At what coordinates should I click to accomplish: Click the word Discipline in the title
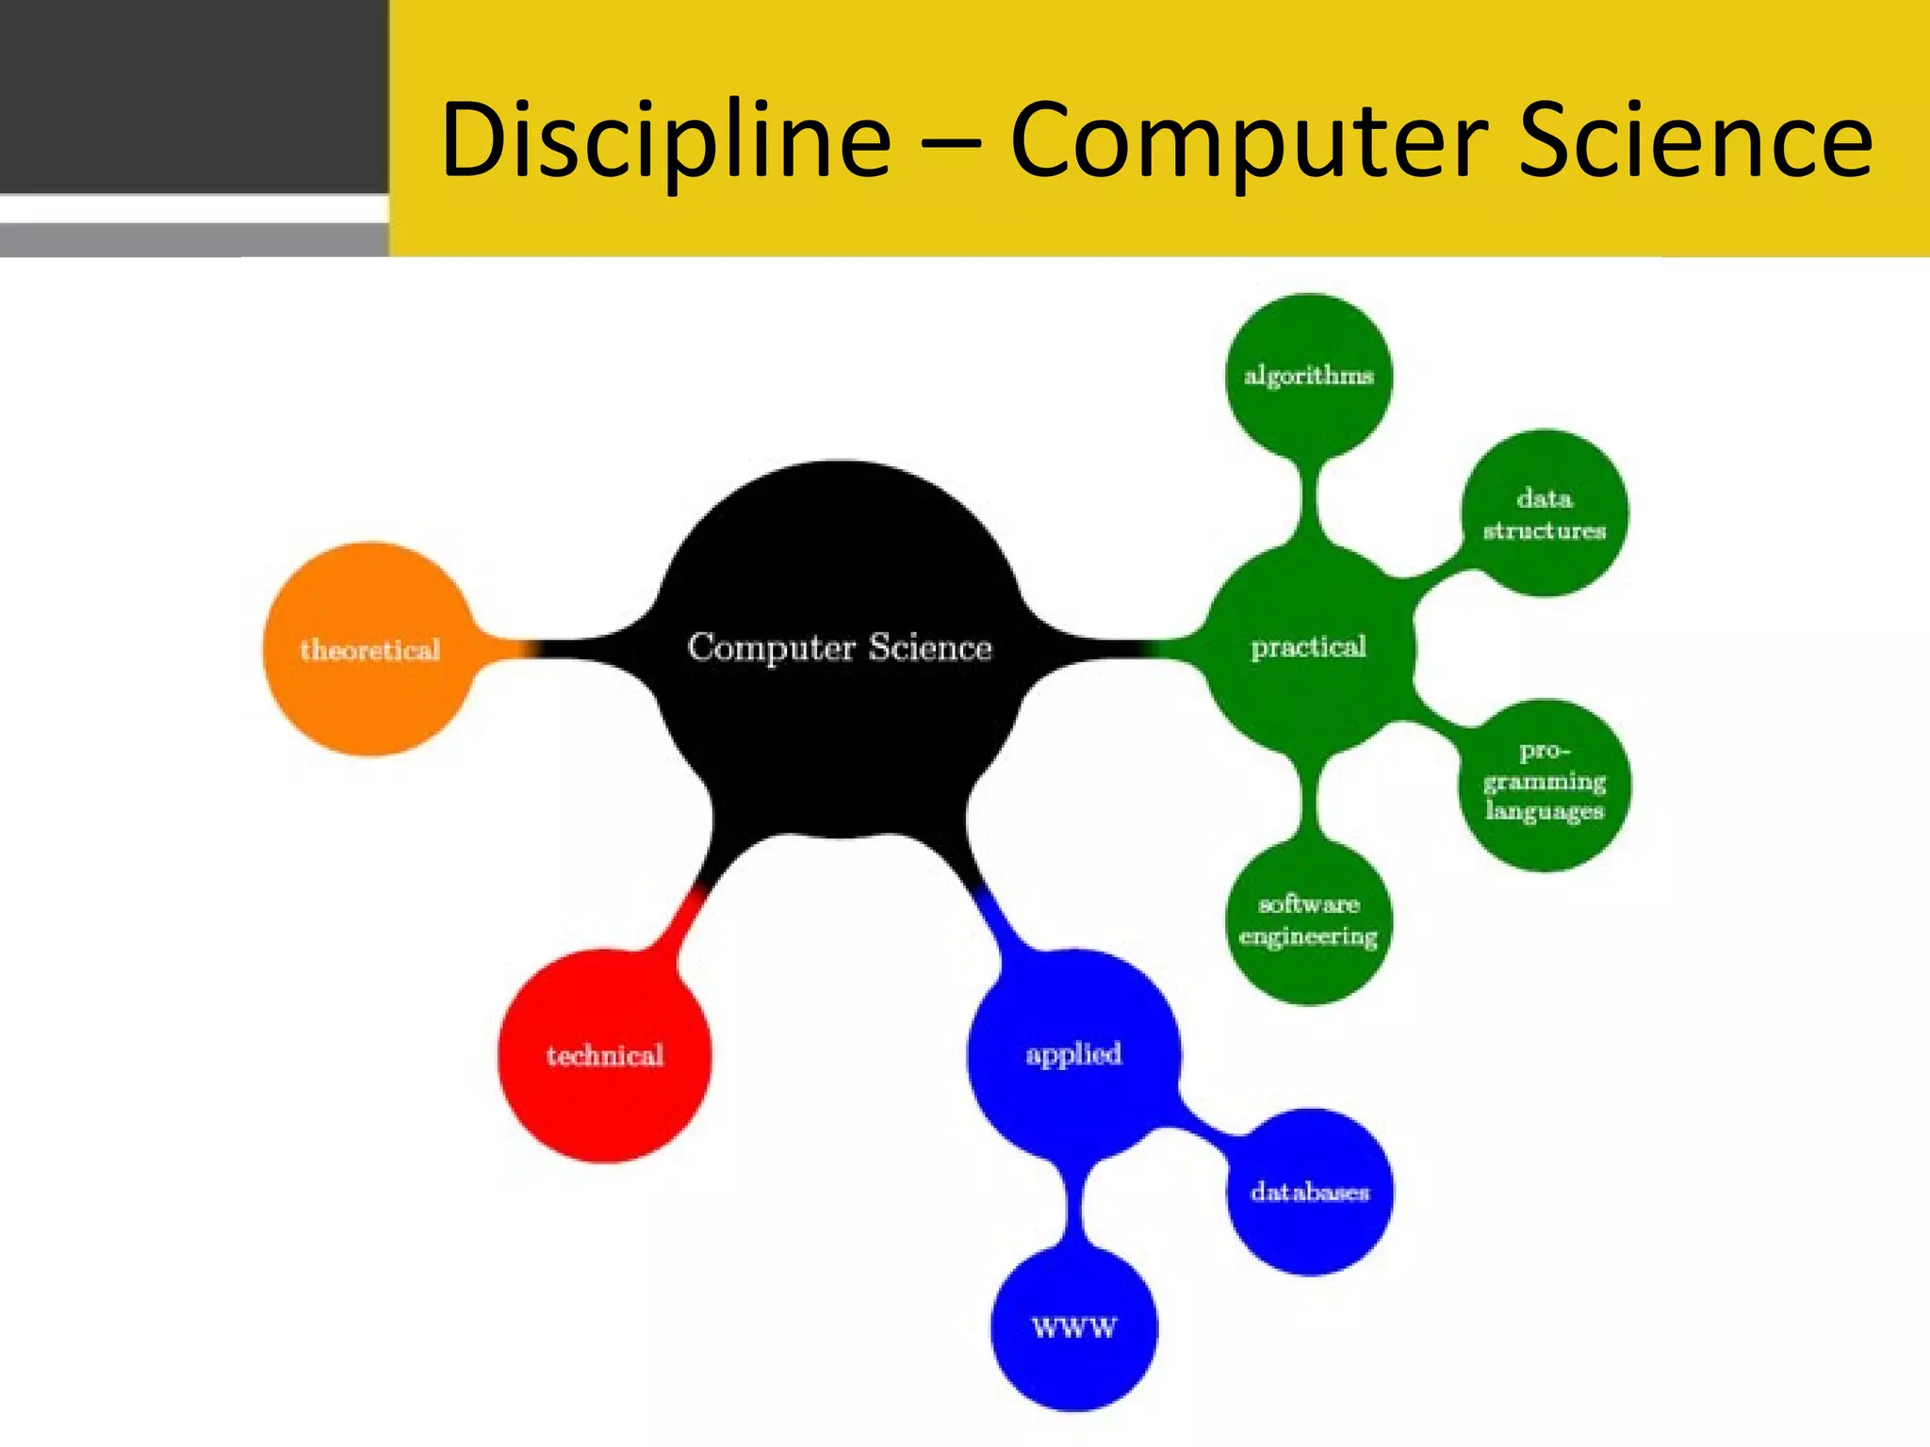(665, 141)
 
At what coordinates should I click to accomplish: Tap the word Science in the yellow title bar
(1696, 141)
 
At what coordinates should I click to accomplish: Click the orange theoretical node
(368, 649)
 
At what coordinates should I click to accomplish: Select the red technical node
(604, 1055)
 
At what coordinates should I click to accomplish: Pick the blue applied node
(1073, 1054)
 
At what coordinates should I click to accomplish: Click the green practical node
(1308, 648)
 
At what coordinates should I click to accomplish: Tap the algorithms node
(1308, 375)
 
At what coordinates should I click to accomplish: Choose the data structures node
(1544, 513)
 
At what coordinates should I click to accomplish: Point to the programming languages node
(1544, 782)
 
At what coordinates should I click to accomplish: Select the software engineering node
(1308, 920)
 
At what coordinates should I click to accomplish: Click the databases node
(1310, 1192)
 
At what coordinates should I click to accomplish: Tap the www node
(1073, 1328)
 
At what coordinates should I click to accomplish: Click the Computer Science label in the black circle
(839, 647)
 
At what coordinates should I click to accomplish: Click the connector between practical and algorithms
(1309, 499)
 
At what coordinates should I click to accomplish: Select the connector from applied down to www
(1073, 1206)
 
